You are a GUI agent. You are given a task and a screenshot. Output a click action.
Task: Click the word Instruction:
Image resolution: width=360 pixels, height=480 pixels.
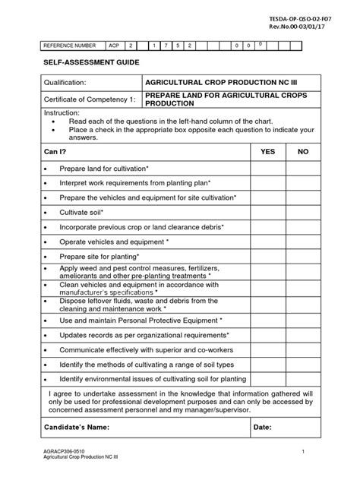62,112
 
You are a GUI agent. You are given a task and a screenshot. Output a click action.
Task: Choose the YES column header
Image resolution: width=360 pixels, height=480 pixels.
267,152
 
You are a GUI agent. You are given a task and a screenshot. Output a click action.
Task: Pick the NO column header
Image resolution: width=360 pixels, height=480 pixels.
303,152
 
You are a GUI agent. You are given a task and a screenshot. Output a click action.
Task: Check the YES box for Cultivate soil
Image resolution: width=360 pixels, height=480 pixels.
267,213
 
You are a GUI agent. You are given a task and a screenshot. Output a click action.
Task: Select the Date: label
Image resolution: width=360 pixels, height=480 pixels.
262,428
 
